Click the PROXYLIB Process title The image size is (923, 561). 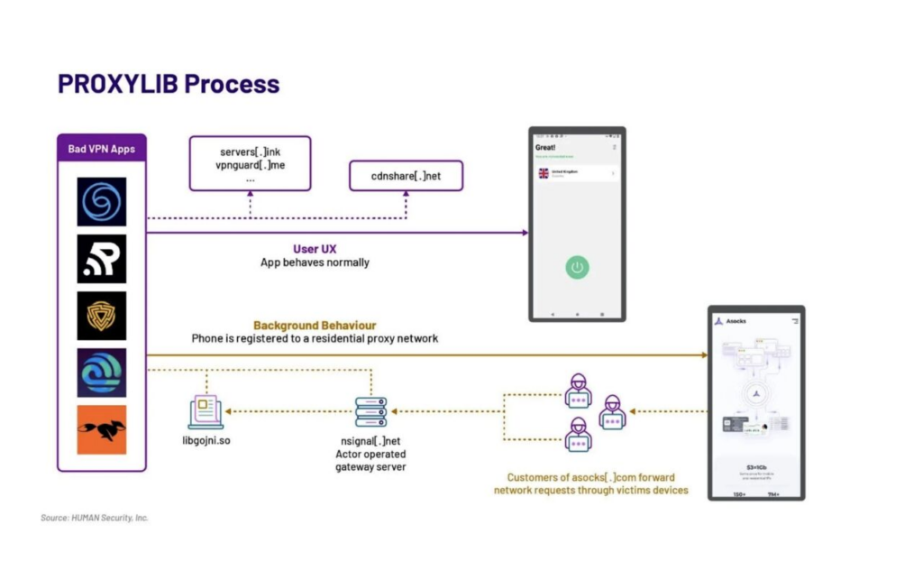(169, 84)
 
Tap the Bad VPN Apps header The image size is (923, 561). (101, 149)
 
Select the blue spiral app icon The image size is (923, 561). (101, 201)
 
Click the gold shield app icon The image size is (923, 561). (101, 316)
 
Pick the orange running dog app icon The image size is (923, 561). (101, 429)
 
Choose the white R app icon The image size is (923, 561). (101, 259)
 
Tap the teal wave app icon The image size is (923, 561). (101, 372)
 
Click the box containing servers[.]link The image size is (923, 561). (250, 163)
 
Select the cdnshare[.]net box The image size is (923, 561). (406, 176)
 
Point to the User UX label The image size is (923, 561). (315, 249)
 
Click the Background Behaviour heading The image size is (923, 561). (315, 326)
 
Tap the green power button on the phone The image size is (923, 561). (578, 267)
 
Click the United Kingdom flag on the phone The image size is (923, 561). (544, 173)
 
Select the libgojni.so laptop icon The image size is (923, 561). (206, 412)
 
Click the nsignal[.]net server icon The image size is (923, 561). (370, 412)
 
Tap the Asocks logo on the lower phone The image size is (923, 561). (718, 321)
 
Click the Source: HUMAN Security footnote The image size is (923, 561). (95, 518)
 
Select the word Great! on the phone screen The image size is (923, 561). (545, 147)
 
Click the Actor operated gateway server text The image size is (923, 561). (370, 460)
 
